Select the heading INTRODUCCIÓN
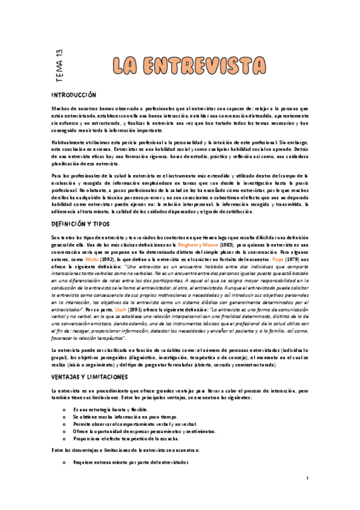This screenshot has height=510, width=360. (x=74, y=95)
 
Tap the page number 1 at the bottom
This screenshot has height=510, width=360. (x=307, y=478)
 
